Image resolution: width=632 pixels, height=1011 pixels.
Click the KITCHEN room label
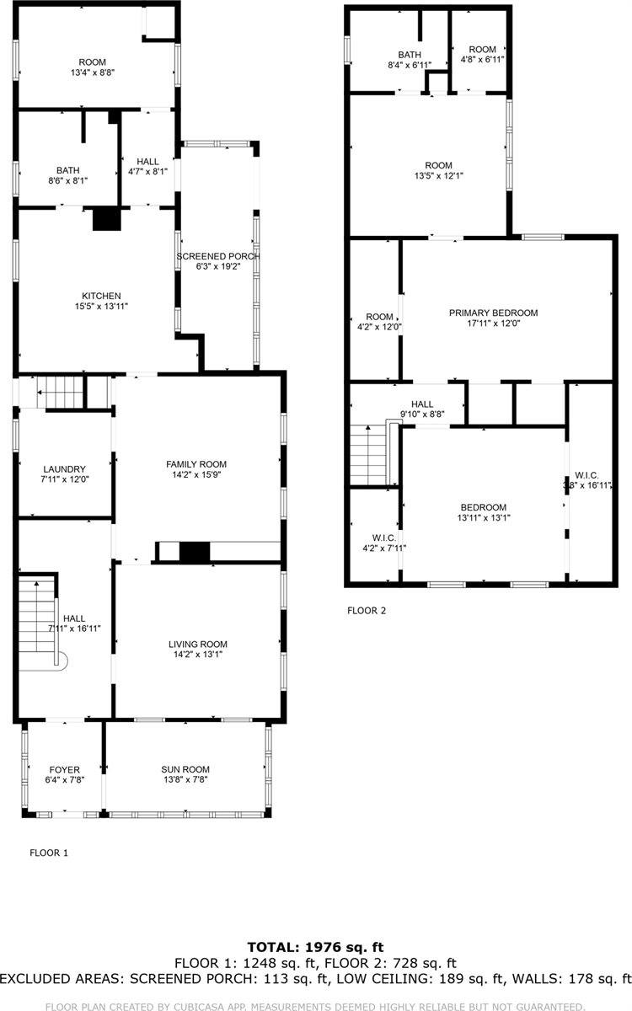tap(101, 296)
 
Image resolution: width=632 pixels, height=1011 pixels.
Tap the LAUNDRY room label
tap(65, 469)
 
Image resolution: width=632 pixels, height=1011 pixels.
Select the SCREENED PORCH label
tap(217, 256)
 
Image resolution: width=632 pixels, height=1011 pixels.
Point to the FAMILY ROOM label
tap(195, 464)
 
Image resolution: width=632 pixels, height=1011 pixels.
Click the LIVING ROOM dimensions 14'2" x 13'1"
tap(197, 655)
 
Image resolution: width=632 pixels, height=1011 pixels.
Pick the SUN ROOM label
tap(185, 769)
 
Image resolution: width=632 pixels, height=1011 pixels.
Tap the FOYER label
tap(64, 769)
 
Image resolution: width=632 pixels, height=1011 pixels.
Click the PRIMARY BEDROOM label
tap(492, 313)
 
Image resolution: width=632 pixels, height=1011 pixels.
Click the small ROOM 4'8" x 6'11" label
tap(482, 50)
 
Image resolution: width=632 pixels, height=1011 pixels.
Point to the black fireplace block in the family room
tap(194, 553)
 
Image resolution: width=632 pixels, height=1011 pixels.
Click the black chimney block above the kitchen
tap(106, 219)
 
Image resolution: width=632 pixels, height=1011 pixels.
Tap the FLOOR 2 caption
tap(367, 611)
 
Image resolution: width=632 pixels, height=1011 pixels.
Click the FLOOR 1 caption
tap(49, 853)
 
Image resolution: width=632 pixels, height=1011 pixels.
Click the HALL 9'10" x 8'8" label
tap(422, 404)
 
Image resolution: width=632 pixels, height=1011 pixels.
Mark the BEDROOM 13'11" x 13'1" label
tap(483, 507)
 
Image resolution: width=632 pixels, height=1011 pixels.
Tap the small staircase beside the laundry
tap(64, 393)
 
